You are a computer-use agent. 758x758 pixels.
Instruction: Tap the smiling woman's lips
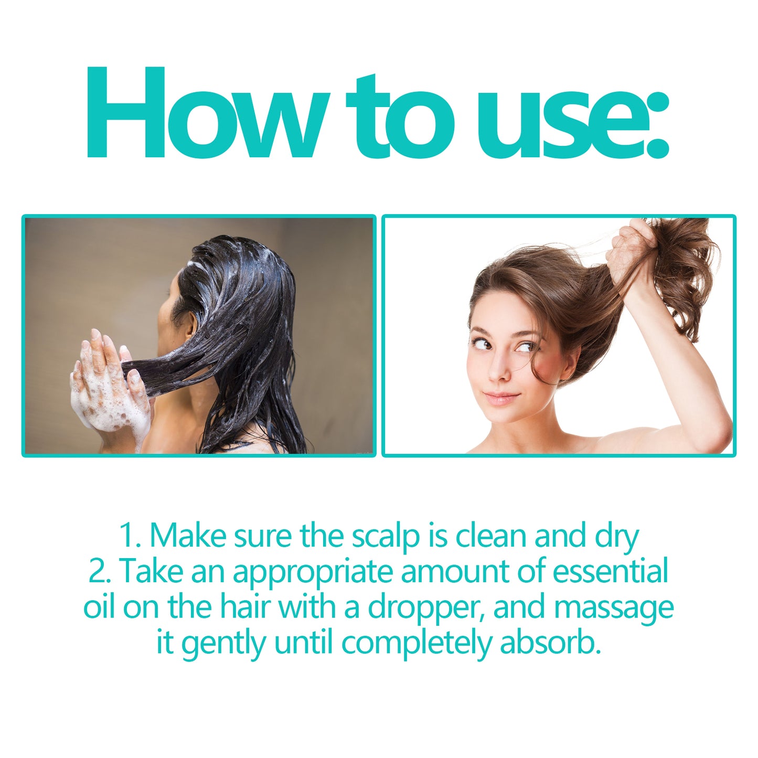pos(501,398)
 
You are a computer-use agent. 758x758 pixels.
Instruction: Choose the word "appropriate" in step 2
pos(313,572)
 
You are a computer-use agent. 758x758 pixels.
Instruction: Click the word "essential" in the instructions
pos(611,571)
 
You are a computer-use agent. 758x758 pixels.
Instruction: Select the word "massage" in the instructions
pos(613,608)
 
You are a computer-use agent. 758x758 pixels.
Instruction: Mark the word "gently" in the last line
pos(223,644)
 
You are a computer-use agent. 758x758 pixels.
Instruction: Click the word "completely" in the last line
pos(416,644)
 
